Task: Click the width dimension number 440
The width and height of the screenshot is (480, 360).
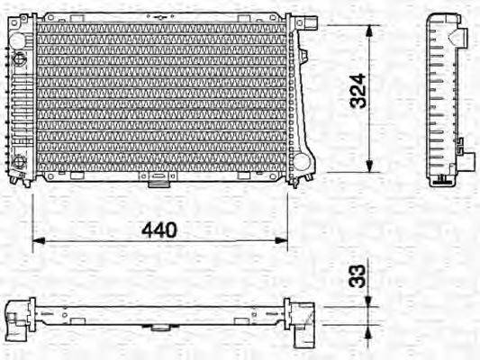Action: pyautogui.click(x=158, y=229)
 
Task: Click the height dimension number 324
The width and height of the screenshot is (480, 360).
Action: pyautogui.click(x=358, y=91)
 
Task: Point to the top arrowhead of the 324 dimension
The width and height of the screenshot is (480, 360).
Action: pyautogui.click(x=369, y=28)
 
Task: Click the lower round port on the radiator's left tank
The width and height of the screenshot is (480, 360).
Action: pyautogui.click(x=17, y=163)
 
